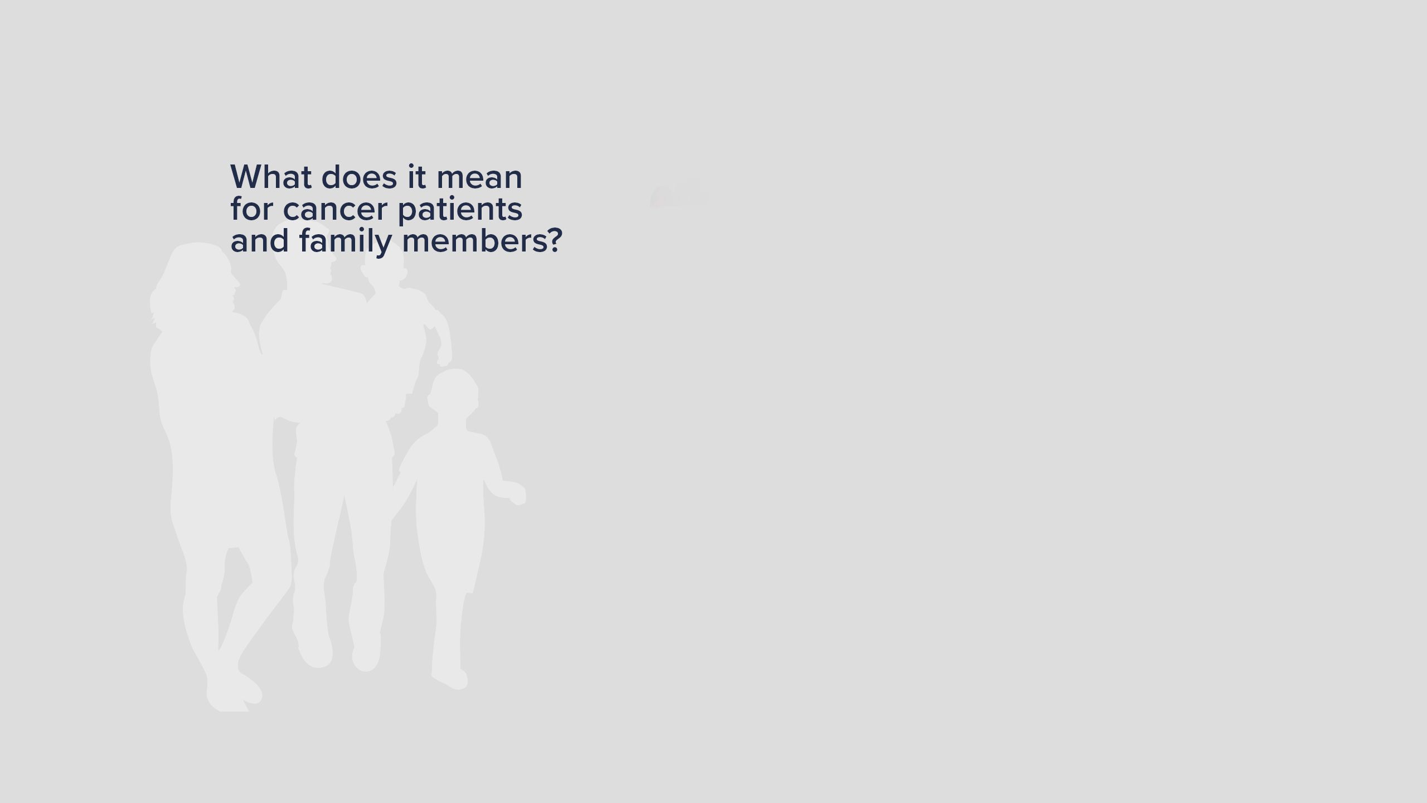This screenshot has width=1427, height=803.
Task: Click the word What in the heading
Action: [x=271, y=177]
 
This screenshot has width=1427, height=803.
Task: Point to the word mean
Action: [x=479, y=178]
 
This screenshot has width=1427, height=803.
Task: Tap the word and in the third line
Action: [x=260, y=241]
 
